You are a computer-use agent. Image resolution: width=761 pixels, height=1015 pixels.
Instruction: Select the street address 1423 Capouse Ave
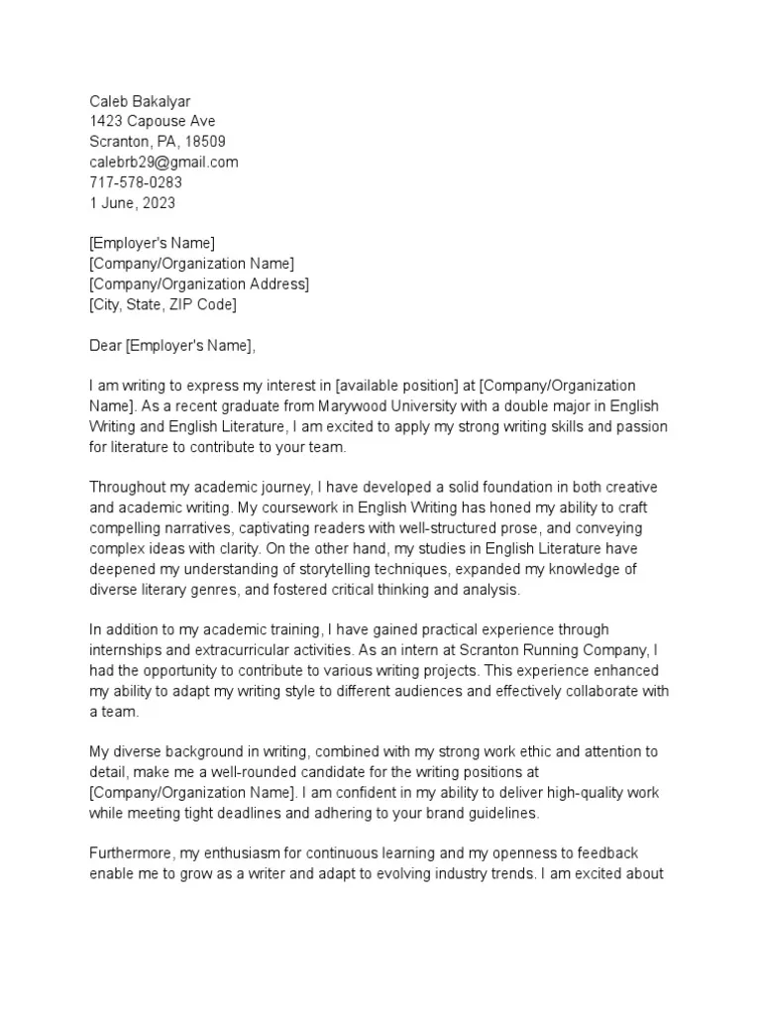tap(152, 121)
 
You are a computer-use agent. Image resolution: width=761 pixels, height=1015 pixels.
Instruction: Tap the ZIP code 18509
tap(206, 142)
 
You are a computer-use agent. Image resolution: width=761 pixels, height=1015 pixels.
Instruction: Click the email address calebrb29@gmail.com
tap(163, 163)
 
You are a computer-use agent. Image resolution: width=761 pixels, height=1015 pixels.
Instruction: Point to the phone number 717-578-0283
tap(136, 182)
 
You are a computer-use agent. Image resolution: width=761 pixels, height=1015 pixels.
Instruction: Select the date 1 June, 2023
tap(132, 203)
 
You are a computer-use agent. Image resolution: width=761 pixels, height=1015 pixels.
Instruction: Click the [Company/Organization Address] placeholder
tap(198, 284)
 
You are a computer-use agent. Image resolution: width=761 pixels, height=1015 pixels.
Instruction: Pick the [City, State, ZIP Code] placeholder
tap(163, 304)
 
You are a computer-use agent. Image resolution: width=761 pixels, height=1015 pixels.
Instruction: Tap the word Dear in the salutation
tap(105, 346)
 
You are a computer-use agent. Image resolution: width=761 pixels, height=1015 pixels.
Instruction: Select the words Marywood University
tap(361, 407)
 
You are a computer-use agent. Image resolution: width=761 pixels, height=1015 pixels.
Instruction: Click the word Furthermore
tap(131, 853)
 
